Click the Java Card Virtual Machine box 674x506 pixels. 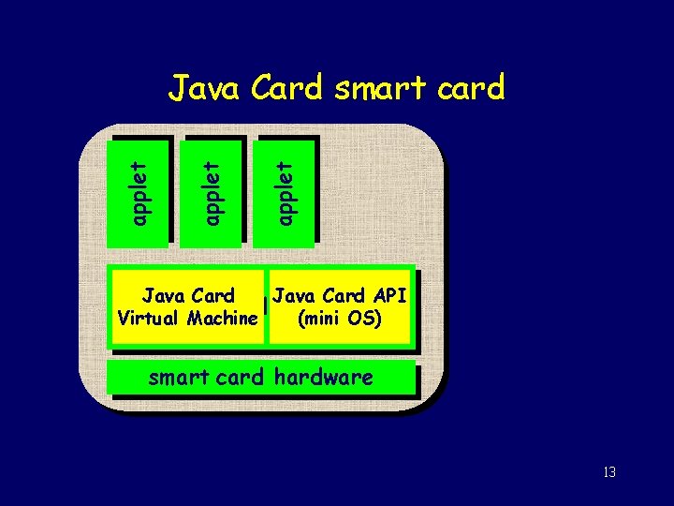(x=187, y=307)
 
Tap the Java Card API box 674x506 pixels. (x=339, y=307)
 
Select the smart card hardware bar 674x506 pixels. (x=260, y=379)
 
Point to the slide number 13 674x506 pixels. (x=609, y=471)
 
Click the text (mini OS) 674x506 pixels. (x=339, y=319)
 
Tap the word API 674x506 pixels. (x=388, y=296)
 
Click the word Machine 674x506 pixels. (x=222, y=319)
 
